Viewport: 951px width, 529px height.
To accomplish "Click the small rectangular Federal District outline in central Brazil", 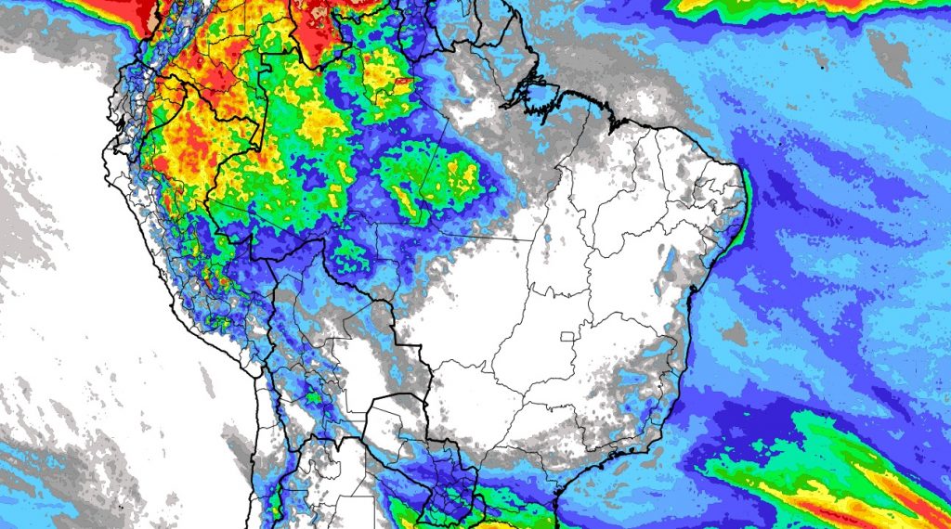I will coord(567,335).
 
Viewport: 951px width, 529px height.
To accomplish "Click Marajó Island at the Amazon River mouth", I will coord(537,91).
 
